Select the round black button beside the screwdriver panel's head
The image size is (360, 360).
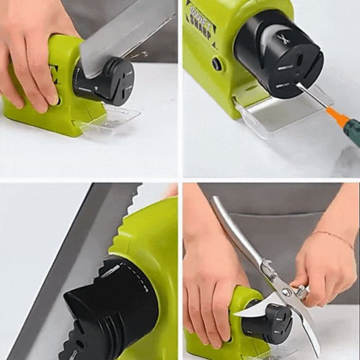[x=216, y=64]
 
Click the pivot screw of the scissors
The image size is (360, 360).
[x=286, y=292]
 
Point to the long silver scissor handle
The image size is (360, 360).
[x=236, y=230]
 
